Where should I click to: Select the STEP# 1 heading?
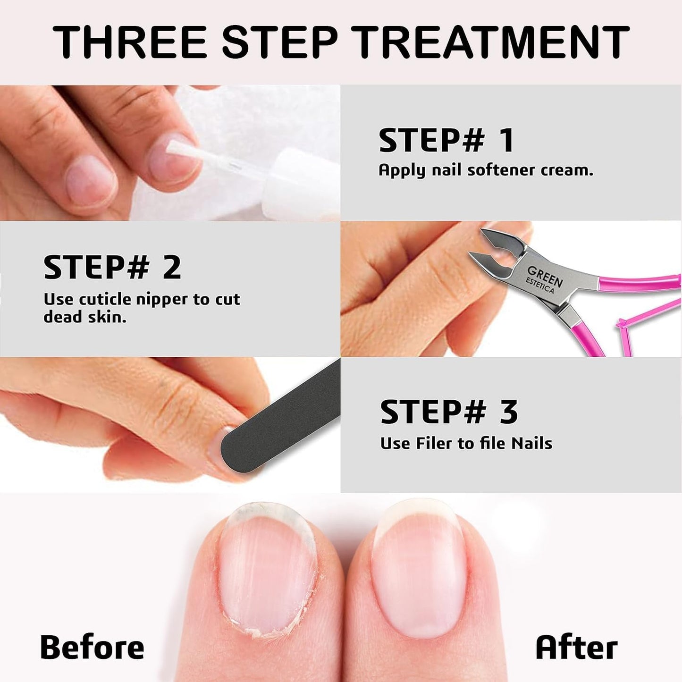[446, 141]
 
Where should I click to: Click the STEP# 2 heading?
[112, 267]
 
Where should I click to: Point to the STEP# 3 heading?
[449, 412]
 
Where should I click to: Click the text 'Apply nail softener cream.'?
[486, 170]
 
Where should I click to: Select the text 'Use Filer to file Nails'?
[466, 443]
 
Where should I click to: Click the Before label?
[92, 647]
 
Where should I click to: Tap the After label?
[576, 647]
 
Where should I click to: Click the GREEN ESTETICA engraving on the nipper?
[544, 279]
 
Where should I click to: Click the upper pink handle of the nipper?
[637, 282]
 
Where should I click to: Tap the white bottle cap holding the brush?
[302, 179]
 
